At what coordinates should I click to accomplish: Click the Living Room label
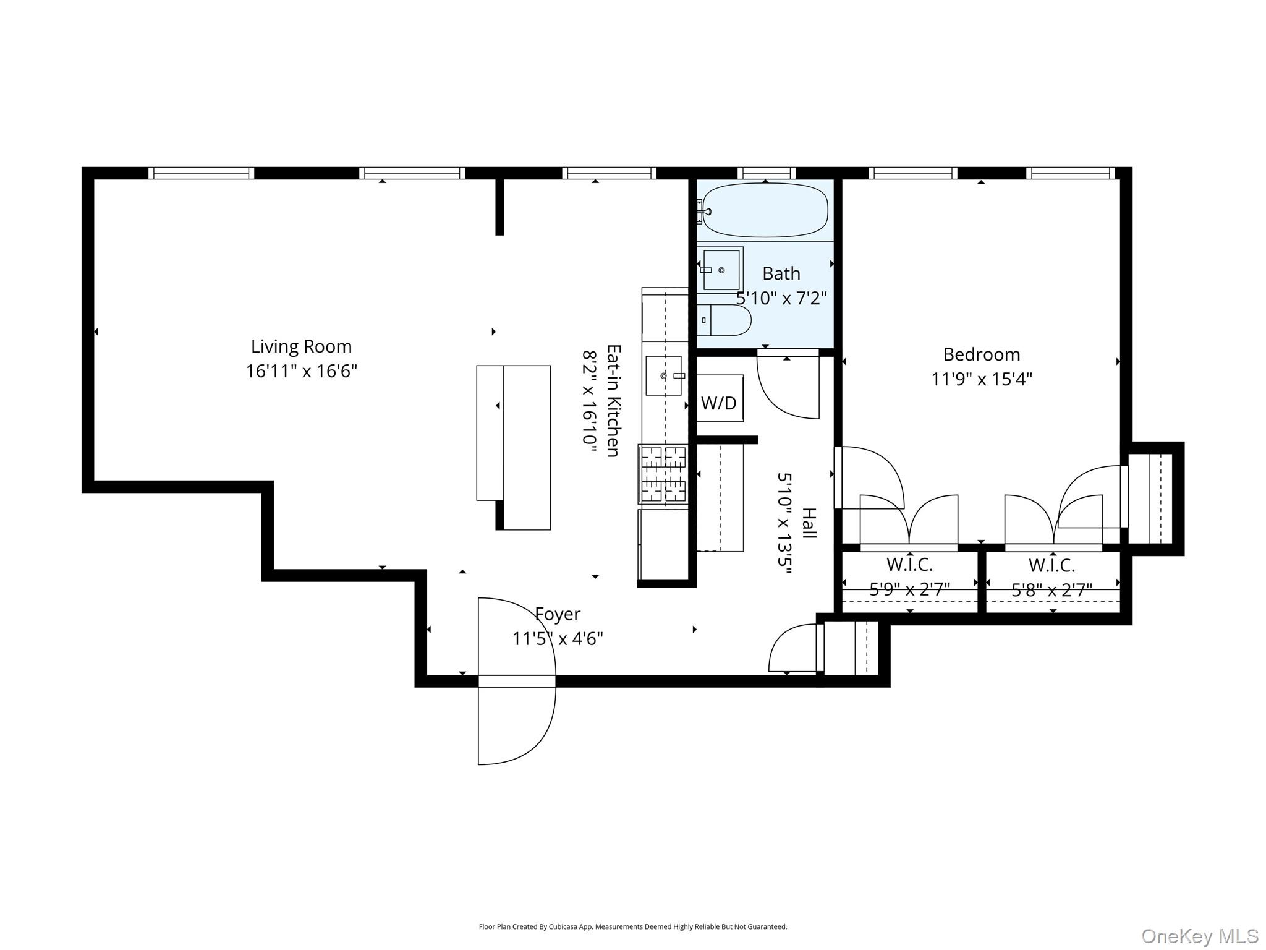[x=301, y=346]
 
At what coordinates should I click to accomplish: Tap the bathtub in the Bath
[x=765, y=210]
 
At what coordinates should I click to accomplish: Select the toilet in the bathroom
[x=724, y=320]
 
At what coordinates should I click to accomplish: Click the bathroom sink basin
[x=721, y=270]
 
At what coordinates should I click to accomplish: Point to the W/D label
[x=719, y=403]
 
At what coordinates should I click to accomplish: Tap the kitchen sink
[x=664, y=375]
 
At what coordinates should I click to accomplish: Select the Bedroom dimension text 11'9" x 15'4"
[x=982, y=379]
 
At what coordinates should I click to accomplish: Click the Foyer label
[x=558, y=614]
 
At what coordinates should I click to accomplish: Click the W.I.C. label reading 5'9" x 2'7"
[x=909, y=577]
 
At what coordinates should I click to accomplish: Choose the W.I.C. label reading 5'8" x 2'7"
[x=1051, y=578]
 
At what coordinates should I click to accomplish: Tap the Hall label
[x=809, y=523]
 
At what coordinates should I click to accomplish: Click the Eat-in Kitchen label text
[x=613, y=401]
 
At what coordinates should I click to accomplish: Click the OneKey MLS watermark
[x=1200, y=936]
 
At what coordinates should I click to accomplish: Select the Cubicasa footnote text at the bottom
[x=633, y=926]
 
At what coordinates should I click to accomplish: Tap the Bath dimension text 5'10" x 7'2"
[x=781, y=298]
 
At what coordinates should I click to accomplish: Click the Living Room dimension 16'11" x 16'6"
[x=302, y=371]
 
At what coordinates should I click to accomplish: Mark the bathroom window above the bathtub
[x=766, y=173]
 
